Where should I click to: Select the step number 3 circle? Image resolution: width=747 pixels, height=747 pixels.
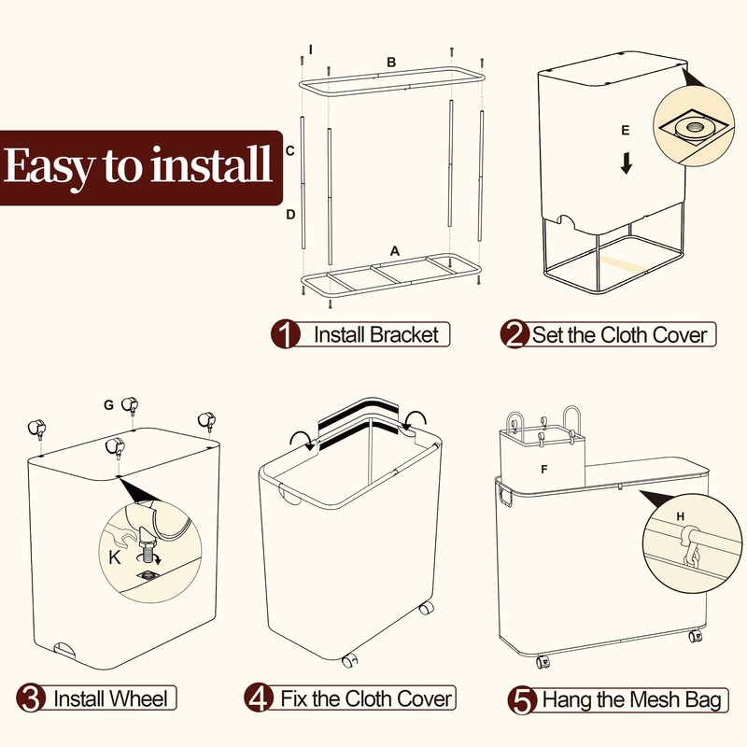32,698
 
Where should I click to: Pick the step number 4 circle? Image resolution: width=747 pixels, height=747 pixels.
259,698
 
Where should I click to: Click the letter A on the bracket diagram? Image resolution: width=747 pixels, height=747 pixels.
395,251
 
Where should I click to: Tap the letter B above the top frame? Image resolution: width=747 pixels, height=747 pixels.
392,62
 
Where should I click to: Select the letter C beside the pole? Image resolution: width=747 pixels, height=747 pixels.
290,150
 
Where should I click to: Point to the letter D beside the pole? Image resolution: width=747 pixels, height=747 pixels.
290,215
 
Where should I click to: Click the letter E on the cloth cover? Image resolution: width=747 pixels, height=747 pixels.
626,129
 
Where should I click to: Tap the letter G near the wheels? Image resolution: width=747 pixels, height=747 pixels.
109,404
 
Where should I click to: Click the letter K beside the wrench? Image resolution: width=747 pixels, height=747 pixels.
114,557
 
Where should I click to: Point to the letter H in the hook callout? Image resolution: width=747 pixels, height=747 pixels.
679,516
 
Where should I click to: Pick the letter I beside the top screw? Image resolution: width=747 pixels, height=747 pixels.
311,48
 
